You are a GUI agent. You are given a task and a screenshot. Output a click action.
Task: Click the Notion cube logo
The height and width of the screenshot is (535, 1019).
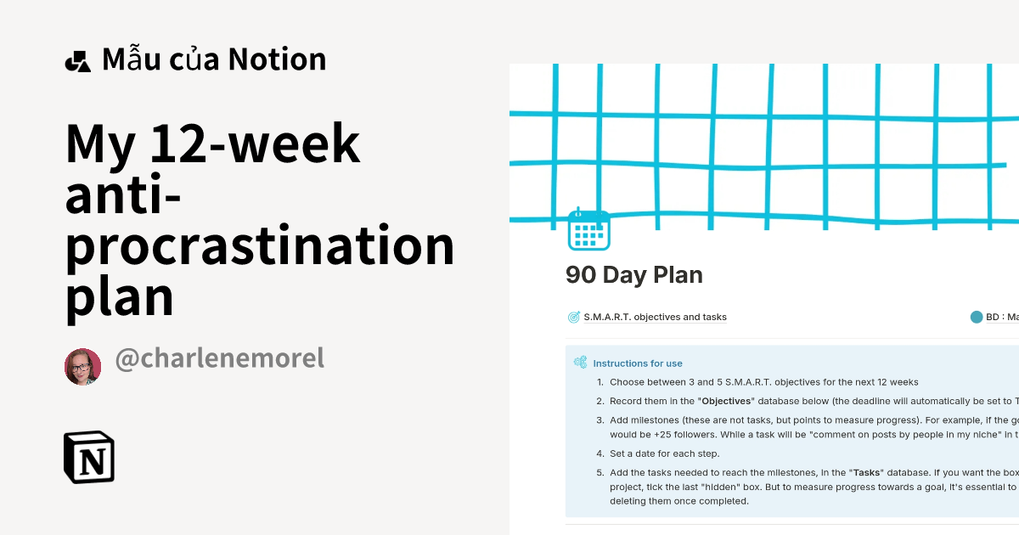(x=88, y=457)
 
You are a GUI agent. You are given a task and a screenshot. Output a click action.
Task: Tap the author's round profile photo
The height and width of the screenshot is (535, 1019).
(x=82, y=366)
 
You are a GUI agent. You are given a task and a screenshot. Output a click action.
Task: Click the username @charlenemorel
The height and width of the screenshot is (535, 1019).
(x=219, y=358)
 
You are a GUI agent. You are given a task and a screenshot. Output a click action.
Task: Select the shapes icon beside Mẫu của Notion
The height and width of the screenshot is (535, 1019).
(x=77, y=61)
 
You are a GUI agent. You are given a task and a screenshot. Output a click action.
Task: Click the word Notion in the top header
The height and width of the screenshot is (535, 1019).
(x=277, y=59)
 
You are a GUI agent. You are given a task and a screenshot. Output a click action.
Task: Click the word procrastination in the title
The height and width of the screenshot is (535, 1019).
(x=260, y=245)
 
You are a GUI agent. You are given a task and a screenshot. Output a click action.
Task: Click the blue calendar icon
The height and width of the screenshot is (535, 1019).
(x=588, y=229)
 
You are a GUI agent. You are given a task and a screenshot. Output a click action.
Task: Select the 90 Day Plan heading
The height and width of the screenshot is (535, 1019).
(x=634, y=275)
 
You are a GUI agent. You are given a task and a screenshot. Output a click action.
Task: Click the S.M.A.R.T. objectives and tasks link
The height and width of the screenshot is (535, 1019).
(x=655, y=318)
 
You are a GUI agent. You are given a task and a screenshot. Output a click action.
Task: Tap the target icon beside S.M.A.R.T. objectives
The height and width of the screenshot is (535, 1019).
(x=574, y=318)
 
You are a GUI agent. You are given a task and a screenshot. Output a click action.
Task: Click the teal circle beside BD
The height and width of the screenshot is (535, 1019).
(x=976, y=318)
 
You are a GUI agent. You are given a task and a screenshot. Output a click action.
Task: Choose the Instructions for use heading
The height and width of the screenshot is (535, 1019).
(x=638, y=363)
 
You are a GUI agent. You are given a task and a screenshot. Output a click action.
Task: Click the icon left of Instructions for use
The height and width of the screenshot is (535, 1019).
(x=581, y=363)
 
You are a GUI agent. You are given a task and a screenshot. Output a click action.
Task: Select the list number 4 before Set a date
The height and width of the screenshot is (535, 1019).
(x=600, y=453)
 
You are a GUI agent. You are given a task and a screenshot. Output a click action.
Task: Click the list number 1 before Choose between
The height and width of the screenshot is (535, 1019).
(x=600, y=383)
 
